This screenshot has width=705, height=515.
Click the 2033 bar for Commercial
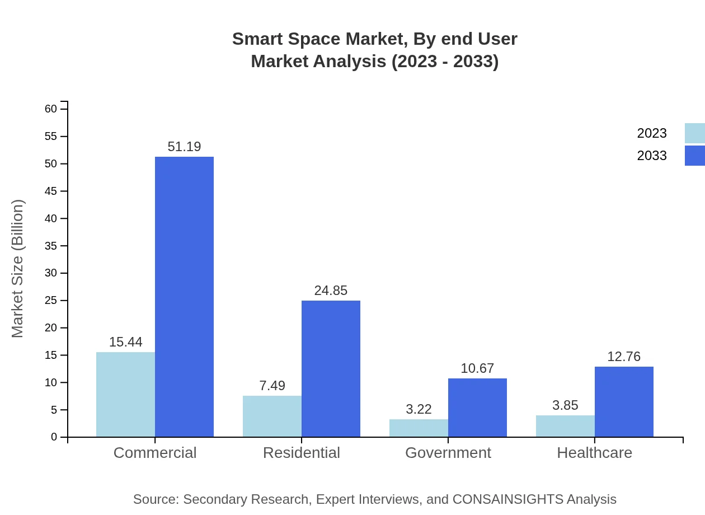tap(184, 297)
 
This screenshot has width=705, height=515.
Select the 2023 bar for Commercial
tap(125, 395)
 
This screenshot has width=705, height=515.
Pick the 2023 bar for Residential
tap(272, 416)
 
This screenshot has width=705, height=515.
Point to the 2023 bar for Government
tap(419, 428)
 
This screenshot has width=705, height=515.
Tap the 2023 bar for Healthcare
tap(565, 426)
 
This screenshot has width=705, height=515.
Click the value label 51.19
tap(184, 147)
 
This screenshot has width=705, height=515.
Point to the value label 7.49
tap(272, 386)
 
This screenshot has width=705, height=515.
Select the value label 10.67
tap(477, 368)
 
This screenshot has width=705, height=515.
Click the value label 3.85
tap(565, 405)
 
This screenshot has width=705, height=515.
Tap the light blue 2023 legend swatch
tap(694, 133)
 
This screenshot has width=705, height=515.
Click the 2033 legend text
tap(652, 156)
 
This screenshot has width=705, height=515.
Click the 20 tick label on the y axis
tap(51, 328)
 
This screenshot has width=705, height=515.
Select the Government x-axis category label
tap(448, 453)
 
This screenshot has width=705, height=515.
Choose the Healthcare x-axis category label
tap(594, 453)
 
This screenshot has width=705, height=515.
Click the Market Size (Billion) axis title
tap(18, 269)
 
